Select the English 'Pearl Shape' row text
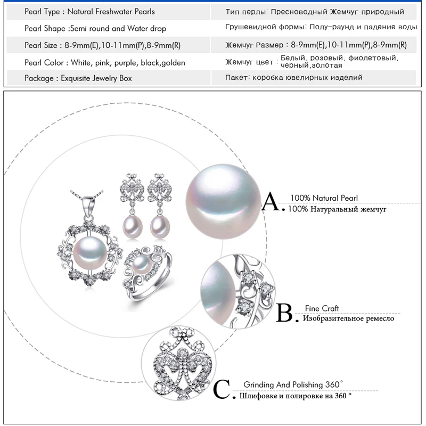click(95, 28)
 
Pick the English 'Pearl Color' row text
click(104, 62)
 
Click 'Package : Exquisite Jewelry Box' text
click(78, 78)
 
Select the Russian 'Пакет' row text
click(294, 78)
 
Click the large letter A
click(274, 203)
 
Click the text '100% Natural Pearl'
click(324, 198)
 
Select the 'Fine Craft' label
click(322, 308)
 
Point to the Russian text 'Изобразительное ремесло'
click(348, 318)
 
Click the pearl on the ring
click(140, 265)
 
